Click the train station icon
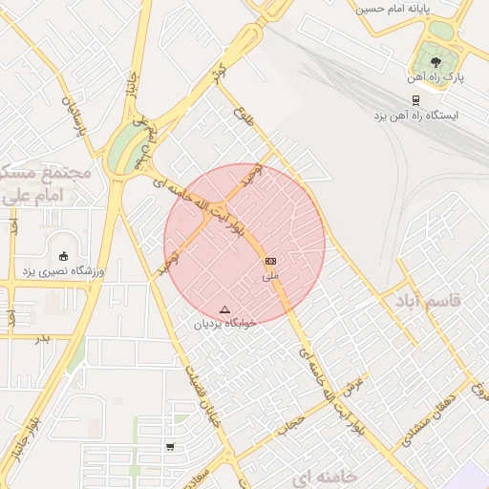pyautogui.click(x=415, y=98)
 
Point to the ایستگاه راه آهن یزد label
pyautogui.click(x=415, y=115)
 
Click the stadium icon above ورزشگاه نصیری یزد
pyautogui.click(x=64, y=255)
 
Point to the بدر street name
pyautogui.click(x=42, y=338)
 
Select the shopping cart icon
pyautogui.click(x=170, y=446)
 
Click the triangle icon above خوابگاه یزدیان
pyautogui.click(x=225, y=309)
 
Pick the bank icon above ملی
pyautogui.click(x=271, y=261)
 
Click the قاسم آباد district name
pyautogui.click(x=422, y=301)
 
